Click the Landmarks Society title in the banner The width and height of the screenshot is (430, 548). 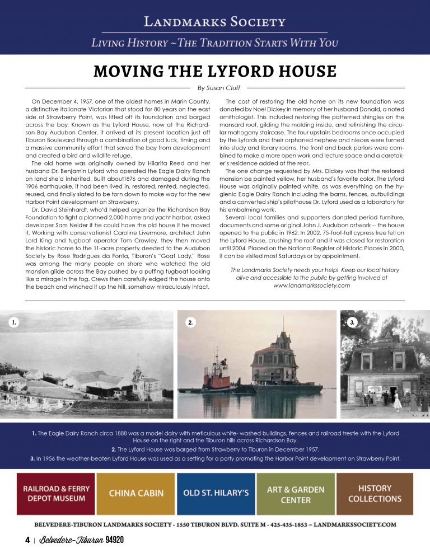(x=215, y=22)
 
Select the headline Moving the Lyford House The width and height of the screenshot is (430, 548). (x=215, y=72)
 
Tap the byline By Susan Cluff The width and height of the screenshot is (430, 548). (x=215, y=88)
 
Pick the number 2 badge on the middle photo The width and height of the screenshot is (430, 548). (x=191, y=322)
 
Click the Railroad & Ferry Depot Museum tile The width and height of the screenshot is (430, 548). (x=55, y=493)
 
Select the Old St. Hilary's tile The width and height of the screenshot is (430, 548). (x=216, y=493)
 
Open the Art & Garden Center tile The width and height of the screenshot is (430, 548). (x=295, y=493)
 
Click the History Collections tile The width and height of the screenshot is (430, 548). (x=375, y=493)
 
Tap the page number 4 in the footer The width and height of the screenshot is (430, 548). (x=27, y=540)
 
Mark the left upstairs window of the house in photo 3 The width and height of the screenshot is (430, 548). (x=367, y=360)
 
